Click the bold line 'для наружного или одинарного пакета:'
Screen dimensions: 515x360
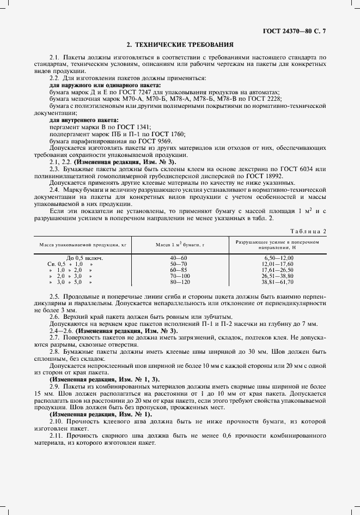pyautogui.click(x=105, y=86)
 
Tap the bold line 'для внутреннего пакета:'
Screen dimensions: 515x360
pyautogui.click(x=84, y=119)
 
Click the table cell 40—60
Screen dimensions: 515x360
pyautogui.click(x=179, y=257)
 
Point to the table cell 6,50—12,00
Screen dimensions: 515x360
pyautogui.click(x=278, y=257)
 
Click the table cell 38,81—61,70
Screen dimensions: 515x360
pyautogui.click(x=278, y=282)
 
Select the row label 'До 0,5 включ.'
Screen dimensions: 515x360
pyautogui.click(x=84, y=257)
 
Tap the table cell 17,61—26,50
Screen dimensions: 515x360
pyautogui.click(x=278, y=269)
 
